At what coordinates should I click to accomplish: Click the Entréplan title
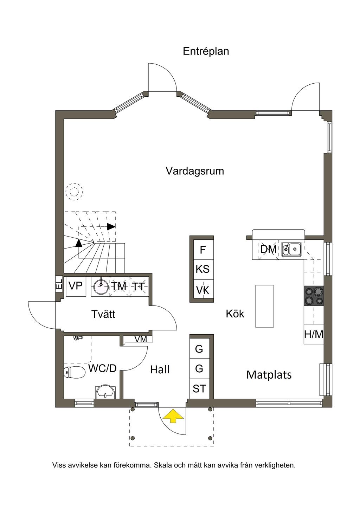[x=206, y=52]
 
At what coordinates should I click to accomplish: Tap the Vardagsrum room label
[x=195, y=171]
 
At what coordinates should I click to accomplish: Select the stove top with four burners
[x=314, y=295]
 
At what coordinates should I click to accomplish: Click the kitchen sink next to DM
[x=291, y=249]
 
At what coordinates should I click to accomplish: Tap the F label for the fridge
[x=203, y=250]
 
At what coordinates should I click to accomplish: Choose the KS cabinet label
[x=202, y=269]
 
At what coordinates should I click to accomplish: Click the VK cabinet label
[x=202, y=290]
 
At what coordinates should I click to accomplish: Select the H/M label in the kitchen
[x=314, y=334]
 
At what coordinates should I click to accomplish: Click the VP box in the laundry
[x=76, y=286]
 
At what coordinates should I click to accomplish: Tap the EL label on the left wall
[x=59, y=284]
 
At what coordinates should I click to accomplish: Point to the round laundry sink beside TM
[x=101, y=287]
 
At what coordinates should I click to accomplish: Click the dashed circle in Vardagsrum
[x=74, y=192]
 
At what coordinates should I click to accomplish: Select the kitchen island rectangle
[x=264, y=306]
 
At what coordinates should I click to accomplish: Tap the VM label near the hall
[x=141, y=339]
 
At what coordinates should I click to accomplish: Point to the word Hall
[x=160, y=370]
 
